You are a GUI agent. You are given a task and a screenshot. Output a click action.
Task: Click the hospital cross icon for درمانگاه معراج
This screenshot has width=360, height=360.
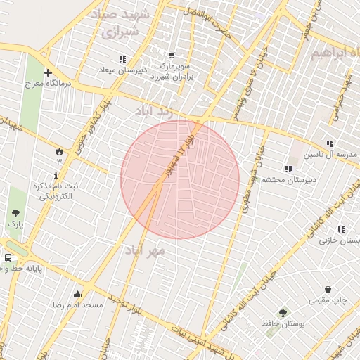[x=48, y=72]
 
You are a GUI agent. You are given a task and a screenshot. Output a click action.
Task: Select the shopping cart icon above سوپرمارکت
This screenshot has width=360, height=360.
[x=171, y=56]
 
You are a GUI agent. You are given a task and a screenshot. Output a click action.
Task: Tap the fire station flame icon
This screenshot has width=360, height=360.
[x=58, y=150]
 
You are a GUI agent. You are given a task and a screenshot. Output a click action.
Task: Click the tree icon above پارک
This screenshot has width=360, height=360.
[x=15, y=212]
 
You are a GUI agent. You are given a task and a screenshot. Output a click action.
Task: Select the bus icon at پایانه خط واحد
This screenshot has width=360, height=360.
[x=7, y=257]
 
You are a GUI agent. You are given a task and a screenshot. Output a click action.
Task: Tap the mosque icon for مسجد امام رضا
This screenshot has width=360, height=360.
[x=77, y=294]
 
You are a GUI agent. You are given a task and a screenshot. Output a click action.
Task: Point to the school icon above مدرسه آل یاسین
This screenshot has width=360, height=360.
[x=330, y=143]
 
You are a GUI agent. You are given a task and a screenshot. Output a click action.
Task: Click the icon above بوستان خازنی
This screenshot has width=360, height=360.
[x=341, y=229]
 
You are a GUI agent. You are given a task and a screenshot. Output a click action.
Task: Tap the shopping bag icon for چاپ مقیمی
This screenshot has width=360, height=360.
[x=328, y=289]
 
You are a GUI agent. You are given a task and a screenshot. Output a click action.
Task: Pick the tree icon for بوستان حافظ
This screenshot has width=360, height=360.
[x=283, y=313]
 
